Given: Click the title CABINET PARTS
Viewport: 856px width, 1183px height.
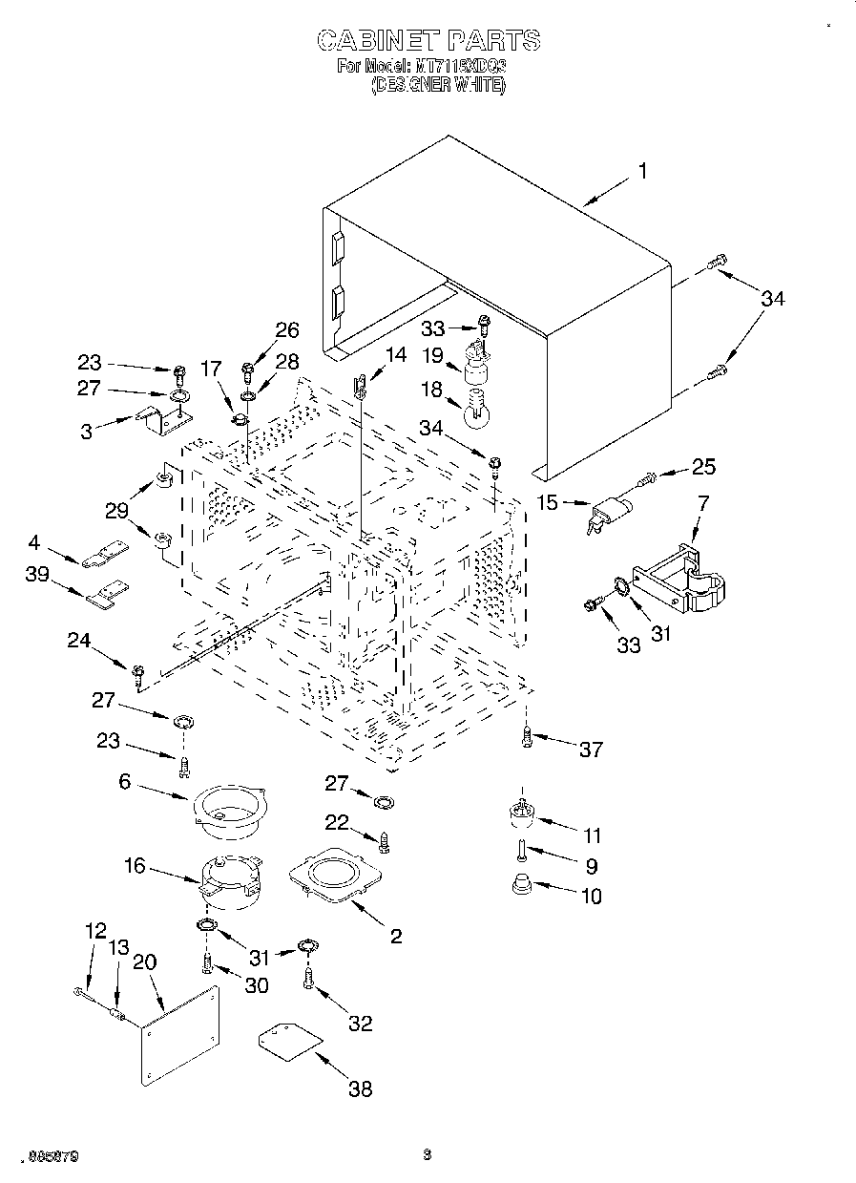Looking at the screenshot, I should click(428, 40).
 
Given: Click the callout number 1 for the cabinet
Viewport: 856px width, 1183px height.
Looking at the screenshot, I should click(643, 171).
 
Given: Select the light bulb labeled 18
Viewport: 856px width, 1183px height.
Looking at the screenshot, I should click(476, 412).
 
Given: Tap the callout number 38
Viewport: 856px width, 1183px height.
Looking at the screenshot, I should click(360, 1088).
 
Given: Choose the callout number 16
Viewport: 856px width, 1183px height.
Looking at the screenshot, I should click(135, 866).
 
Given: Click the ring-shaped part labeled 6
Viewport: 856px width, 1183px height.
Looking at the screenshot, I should click(230, 809).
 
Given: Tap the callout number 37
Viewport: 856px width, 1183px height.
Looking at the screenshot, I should click(592, 750).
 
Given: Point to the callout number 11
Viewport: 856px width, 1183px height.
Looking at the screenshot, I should click(593, 836).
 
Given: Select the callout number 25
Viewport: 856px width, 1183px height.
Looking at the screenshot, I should click(703, 467).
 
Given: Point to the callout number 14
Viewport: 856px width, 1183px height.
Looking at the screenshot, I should click(395, 353).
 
